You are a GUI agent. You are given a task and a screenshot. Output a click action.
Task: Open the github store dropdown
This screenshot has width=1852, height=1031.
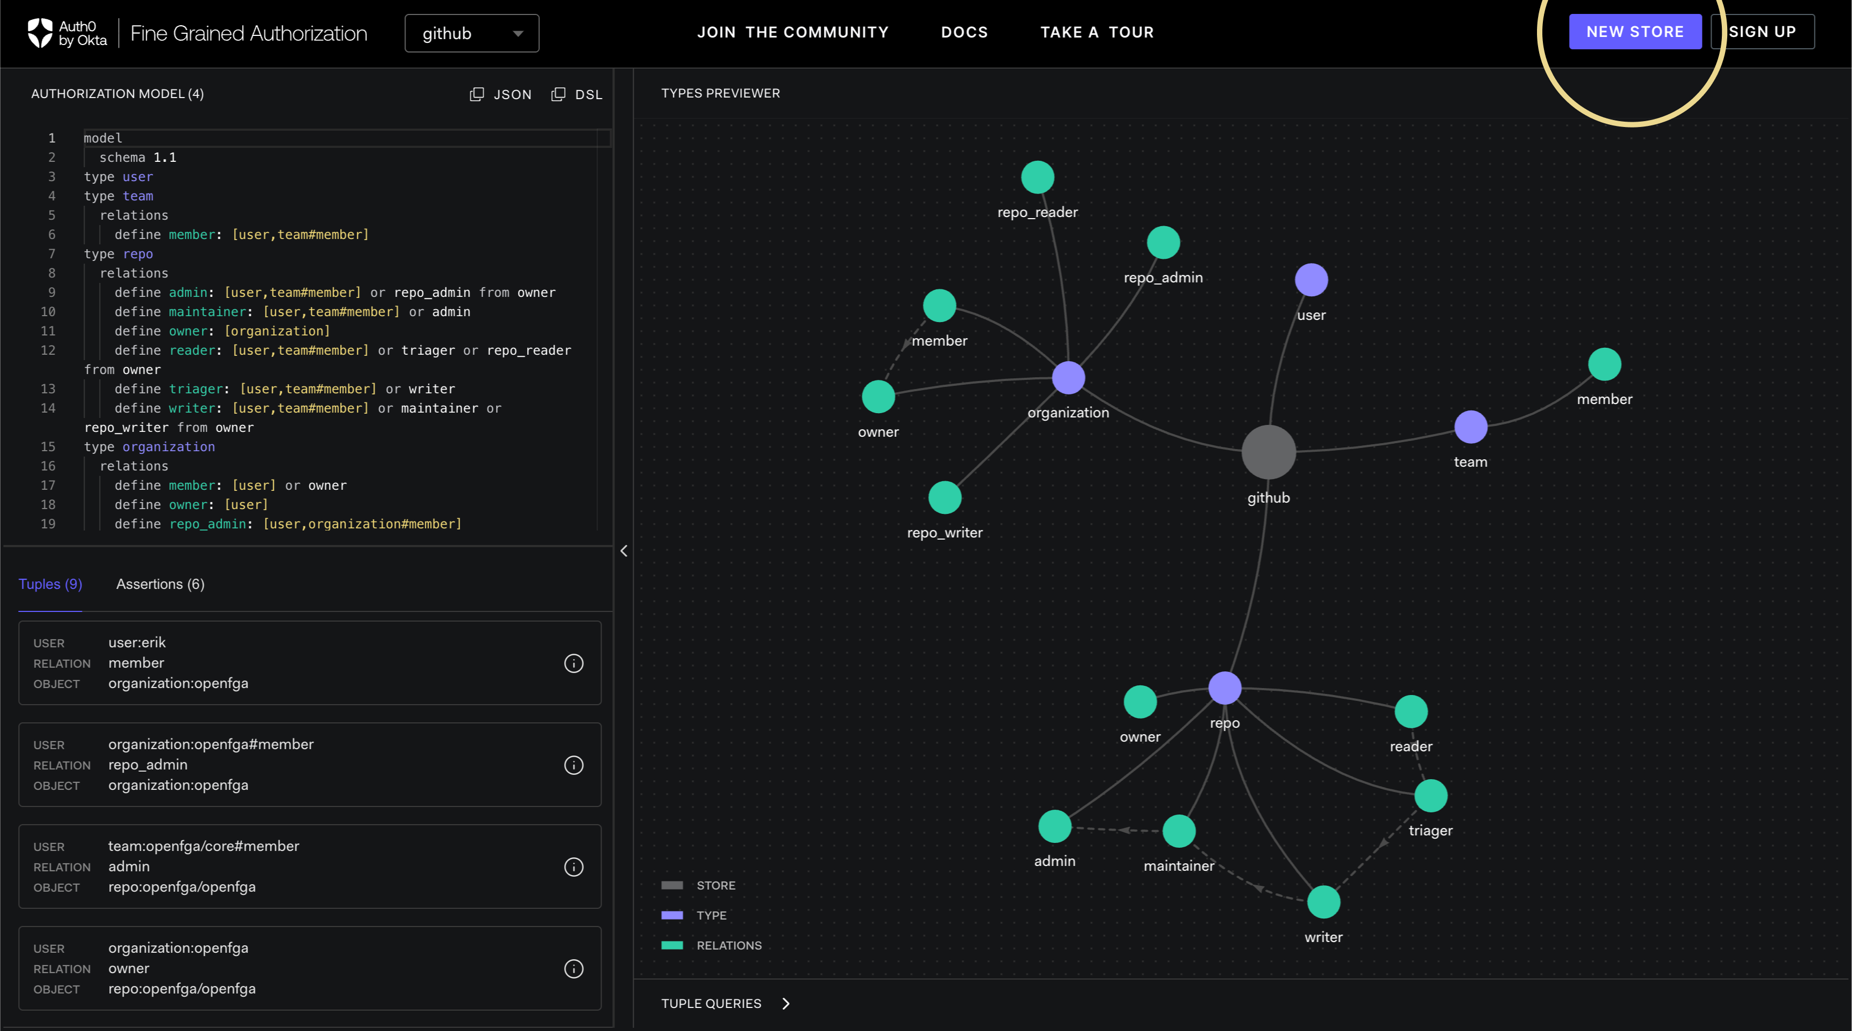pos(471,33)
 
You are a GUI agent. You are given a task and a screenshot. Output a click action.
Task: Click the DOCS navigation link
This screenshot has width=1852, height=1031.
pos(964,32)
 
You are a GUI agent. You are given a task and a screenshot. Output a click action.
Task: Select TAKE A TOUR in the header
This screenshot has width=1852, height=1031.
pos(1097,32)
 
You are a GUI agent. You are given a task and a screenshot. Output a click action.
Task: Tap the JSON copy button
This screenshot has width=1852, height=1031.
pos(500,94)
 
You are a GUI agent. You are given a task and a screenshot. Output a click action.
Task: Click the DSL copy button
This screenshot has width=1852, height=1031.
pos(576,94)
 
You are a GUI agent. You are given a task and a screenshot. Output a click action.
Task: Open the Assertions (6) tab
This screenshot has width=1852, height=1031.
pos(160,584)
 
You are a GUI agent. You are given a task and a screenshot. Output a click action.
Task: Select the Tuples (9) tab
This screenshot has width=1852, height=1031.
pos(50,584)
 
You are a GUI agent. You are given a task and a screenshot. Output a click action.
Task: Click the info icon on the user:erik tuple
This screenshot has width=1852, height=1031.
pos(573,663)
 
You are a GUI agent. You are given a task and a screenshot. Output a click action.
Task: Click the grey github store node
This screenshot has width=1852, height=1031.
pos(1268,452)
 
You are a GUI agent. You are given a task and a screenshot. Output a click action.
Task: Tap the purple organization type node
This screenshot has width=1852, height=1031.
pos(1068,377)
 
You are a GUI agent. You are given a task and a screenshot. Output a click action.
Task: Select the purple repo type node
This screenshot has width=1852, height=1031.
pos(1224,688)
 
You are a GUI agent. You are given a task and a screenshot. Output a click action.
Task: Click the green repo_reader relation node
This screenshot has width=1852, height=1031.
pos(1038,177)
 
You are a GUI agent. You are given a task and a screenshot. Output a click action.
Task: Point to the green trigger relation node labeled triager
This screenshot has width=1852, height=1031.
pos(1430,796)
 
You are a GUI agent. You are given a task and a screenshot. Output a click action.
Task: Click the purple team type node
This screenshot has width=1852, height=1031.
pos(1470,427)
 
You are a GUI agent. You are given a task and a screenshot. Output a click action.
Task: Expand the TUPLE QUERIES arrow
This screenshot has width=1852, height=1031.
pos(786,1004)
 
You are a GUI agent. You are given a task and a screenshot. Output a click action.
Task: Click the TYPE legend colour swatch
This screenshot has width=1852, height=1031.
pos(671,915)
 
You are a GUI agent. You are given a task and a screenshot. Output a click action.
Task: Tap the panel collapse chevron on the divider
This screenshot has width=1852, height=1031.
pos(624,551)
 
